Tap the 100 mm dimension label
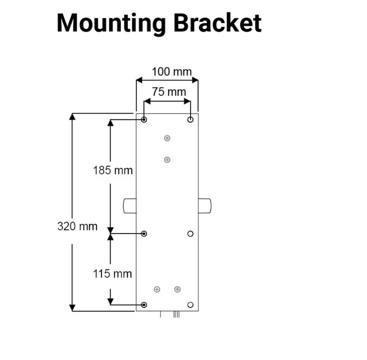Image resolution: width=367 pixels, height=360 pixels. [172, 71]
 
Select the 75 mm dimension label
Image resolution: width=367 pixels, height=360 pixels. [168, 92]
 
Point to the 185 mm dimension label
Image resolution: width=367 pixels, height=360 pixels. [113, 170]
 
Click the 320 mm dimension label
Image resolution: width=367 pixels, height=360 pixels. [77, 226]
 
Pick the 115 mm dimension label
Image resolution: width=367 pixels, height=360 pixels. [113, 273]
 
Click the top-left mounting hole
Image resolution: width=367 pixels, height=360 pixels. [144, 120]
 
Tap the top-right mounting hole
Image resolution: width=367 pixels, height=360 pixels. [191, 120]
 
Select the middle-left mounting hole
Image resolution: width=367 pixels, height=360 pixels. [144, 233]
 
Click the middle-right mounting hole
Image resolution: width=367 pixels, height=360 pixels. [191, 233]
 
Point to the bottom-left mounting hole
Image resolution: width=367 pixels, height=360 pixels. [144, 305]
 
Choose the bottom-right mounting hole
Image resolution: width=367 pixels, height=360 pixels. [191, 305]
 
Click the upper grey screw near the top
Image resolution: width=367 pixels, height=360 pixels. [167, 138]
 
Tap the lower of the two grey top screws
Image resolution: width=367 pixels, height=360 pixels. [167, 159]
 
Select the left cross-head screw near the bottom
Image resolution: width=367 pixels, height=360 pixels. [157, 289]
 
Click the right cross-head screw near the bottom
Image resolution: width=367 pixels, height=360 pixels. [177, 289]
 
